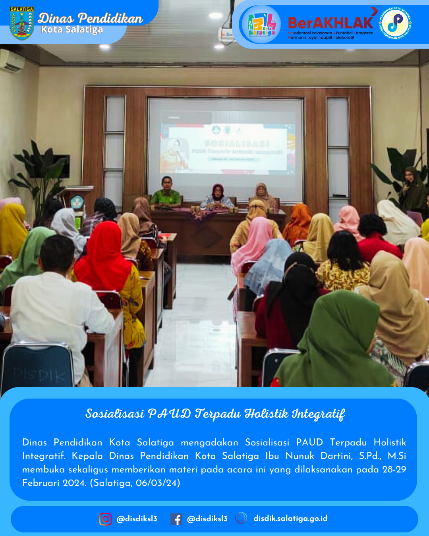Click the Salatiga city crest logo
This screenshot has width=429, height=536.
click(21, 23)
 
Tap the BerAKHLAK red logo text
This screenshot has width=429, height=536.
click(330, 23)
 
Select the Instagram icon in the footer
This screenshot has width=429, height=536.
click(105, 519)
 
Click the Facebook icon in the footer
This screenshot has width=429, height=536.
click(176, 519)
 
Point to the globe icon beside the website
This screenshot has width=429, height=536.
click(241, 518)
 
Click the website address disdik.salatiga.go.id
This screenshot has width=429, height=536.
click(290, 518)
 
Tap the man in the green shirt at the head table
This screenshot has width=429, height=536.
click(166, 193)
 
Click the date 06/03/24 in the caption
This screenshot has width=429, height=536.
click(158, 483)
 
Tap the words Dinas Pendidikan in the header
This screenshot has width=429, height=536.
click(90, 18)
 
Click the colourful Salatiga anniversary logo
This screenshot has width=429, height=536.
click(261, 25)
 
